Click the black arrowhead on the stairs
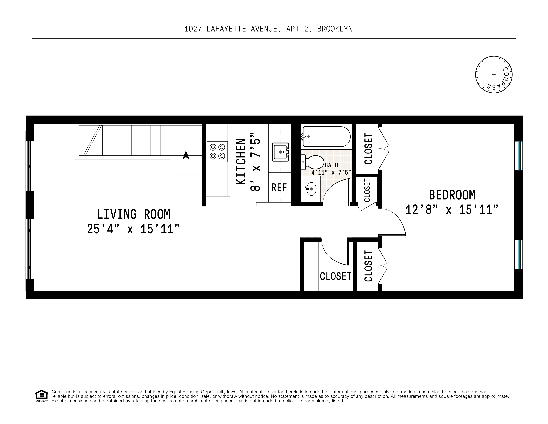point(186,155)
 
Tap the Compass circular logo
point(494,75)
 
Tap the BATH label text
point(331,165)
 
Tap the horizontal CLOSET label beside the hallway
point(335,276)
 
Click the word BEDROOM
point(452,195)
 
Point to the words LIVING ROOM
point(134,214)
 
